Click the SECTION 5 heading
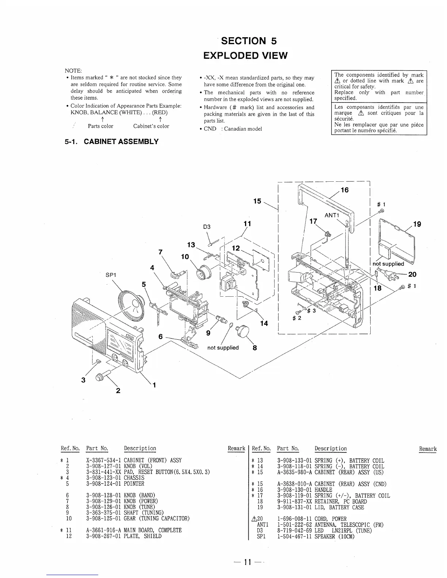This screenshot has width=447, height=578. [246, 41]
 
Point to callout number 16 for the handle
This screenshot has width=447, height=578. [344, 190]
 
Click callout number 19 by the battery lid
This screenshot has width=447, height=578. [417, 224]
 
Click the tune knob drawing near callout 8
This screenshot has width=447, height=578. [242, 331]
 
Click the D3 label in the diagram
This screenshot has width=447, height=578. [207, 227]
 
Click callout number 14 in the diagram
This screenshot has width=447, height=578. [264, 323]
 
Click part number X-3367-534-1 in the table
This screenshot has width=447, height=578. [104, 461]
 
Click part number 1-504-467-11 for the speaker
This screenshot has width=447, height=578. [295, 536]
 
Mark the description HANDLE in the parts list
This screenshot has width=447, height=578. [323, 490]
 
